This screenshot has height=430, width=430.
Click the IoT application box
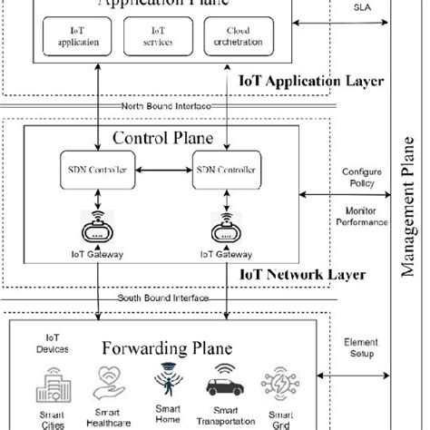click(73, 35)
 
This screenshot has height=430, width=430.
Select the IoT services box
click(161, 35)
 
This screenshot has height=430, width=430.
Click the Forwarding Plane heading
click(166, 348)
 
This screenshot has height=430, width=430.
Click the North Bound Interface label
click(166, 106)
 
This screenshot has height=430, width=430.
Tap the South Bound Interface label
click(164, 298)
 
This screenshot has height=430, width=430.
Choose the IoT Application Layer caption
click(310, 81)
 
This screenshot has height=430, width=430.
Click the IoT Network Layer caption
click(302, 274)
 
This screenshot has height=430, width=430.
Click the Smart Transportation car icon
click(223, 381)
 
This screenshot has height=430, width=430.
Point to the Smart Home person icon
click(167, 379)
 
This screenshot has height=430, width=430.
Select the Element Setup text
click(361, 348)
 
